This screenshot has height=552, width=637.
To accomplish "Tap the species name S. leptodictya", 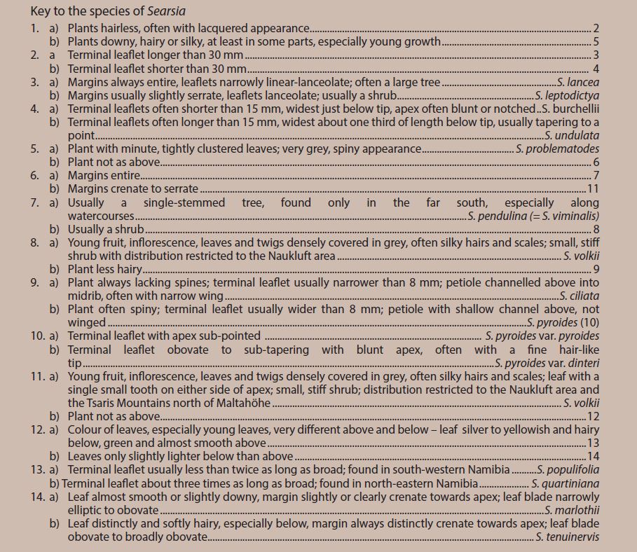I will pyautogui.click(x=567, y=95).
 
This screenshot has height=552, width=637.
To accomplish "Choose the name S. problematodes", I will pyautogui.click(x=558, y=149).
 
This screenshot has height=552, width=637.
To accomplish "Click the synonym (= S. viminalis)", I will pyautogui.click(x=565, y=216).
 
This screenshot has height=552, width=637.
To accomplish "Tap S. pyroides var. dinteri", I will pyautogui.click(x=547, y=363).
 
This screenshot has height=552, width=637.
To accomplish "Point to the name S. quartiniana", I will pyautogui.click(x=566, y=483).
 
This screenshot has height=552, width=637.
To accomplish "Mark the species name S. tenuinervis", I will pyautogui.click(x=568, y=537).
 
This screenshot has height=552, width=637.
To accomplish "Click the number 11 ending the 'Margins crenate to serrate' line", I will pyautogui.click(x=594, y=189).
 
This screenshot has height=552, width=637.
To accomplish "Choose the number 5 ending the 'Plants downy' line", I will pyautogui.click(x=596, y=42).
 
